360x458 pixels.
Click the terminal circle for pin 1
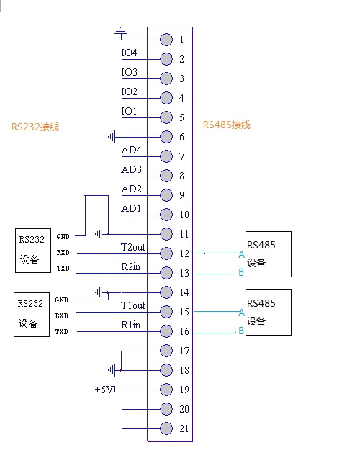tap(166, 40)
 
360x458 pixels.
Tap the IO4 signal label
tap(129, 53)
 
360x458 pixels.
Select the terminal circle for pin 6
tap(166, 137)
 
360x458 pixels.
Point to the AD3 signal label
tap(131, 169)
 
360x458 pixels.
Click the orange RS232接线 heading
tap(35, 127)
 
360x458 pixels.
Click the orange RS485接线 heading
tap(227, 125)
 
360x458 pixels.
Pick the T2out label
tap(133, 248)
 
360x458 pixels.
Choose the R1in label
tap(131, 325)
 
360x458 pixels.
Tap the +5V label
tap(104, 390)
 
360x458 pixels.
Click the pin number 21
tap(184, 428)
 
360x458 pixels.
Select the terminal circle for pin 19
tap(166, 390)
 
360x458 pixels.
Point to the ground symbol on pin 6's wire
tap(112, 137)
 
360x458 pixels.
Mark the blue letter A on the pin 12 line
tap(241, 254)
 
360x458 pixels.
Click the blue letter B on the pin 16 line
tap(241, 331)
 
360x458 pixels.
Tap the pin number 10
tap(184, 215)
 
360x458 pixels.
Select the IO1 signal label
tap(129, 111)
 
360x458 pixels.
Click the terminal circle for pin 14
tap(166, 292)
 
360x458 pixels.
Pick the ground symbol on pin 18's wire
tap(112, 370)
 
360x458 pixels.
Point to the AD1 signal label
tap(131, 208)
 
